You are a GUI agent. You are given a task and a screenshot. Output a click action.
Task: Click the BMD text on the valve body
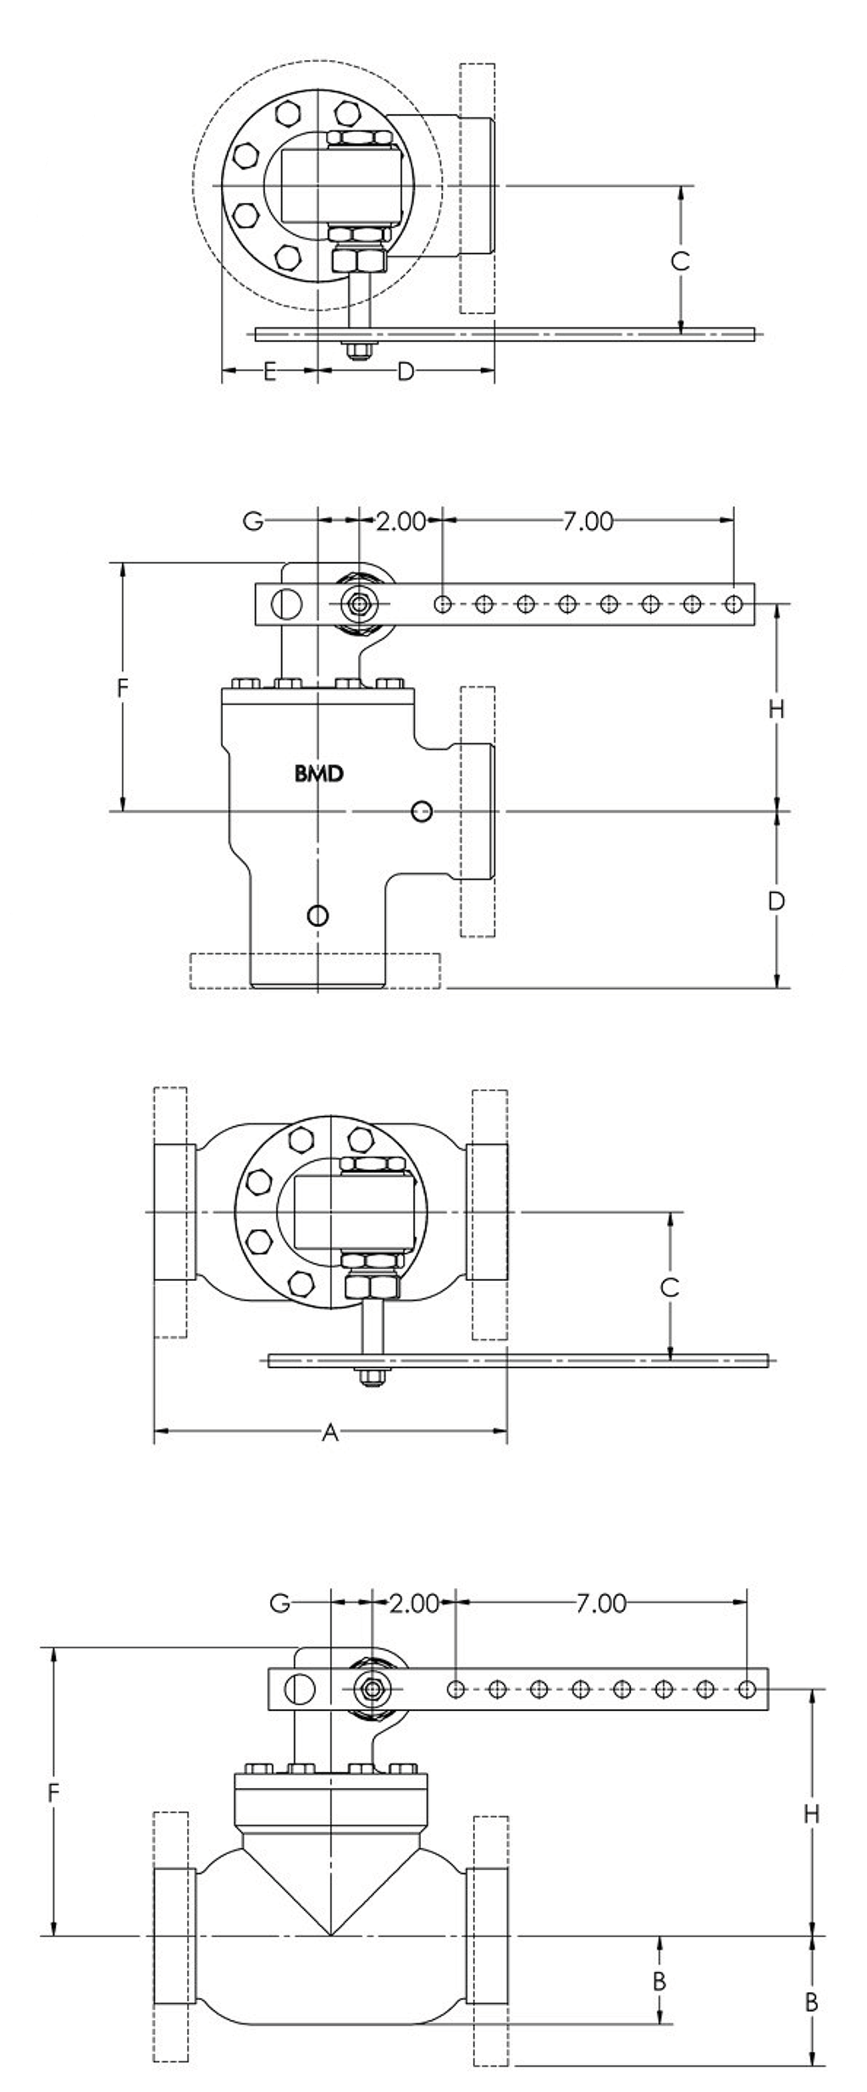(319, 773)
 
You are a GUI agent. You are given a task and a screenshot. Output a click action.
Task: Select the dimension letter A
(331, 1432)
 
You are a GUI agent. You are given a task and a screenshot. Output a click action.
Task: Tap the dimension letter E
(269, 371)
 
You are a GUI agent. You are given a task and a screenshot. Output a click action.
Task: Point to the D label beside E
(406, 371)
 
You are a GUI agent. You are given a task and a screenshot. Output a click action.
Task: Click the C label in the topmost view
(680, 261)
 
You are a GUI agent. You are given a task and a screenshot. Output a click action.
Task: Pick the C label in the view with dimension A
(669, 1288)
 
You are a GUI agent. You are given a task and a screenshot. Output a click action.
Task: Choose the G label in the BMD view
(253, 521)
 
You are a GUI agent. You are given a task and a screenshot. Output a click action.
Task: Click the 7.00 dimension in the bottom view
(601, 1603)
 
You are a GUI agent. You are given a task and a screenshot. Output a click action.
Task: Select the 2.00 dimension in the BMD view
(400, 521)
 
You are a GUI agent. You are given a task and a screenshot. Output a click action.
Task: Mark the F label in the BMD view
(122, 688)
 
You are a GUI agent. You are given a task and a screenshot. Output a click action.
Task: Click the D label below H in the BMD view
(776, 901)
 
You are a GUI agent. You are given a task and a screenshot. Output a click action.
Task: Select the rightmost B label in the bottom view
(810, 2002)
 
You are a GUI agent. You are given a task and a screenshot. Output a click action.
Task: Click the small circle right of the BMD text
(422, 812)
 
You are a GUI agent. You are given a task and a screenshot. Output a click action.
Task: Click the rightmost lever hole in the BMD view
(734, 604)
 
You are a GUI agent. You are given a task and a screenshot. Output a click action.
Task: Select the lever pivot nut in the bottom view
(372, 1688)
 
